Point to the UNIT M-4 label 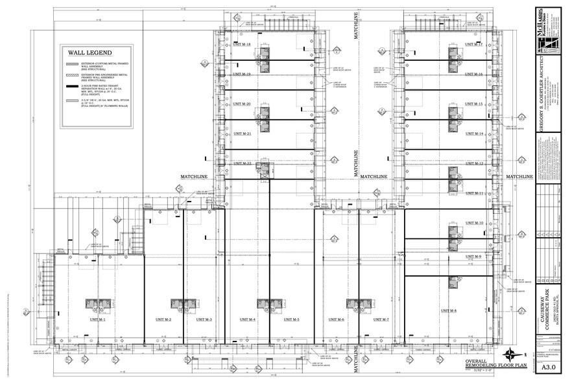click(x=247, y=319)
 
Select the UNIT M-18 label click(x=242, y=44)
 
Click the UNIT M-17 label click(x=474, y=44)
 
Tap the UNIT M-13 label click(x=474, y=163)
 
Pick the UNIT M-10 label click(x=474, y=223)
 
